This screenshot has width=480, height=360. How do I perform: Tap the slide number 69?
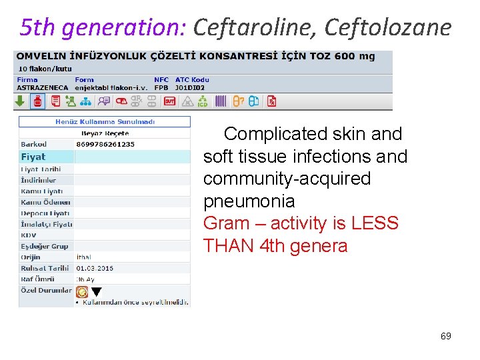point(445,336)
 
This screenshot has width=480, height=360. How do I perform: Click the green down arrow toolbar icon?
point(20,101)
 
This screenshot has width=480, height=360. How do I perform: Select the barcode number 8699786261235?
point(105,144)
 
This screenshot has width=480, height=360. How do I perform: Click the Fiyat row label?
point(33,157)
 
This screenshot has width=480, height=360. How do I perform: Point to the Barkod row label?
point(34,144)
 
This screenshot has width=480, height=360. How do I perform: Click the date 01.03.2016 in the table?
point(95,268)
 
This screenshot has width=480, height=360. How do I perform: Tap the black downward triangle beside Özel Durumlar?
point(96,292)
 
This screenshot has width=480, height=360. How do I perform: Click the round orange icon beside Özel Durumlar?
point(82,291)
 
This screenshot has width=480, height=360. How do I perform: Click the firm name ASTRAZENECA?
point(41,87)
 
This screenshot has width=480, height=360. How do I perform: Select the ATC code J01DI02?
point(190,87)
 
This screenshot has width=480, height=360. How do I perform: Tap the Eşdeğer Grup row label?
point(45,246)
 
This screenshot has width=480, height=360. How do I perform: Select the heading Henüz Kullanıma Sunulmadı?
point(105,122)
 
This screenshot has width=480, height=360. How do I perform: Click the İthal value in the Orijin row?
point(84,257)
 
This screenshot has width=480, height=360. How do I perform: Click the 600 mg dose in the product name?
point(353,56)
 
